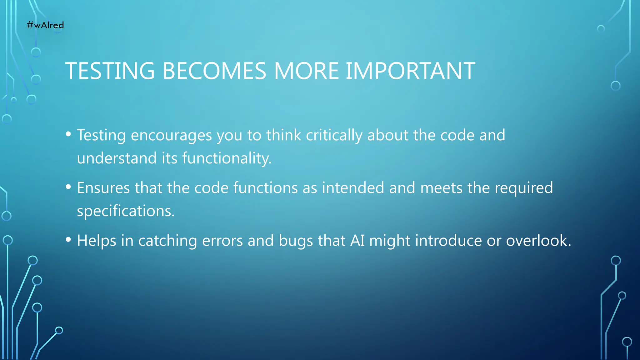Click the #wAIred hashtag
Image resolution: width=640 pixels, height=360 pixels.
click(x=45, y=25)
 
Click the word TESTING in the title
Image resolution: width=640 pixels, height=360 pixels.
click(x=110, y=71)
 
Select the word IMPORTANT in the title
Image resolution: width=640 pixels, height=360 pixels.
click(x=410, y=71)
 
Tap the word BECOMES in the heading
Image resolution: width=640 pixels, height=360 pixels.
click(x=214, y=71)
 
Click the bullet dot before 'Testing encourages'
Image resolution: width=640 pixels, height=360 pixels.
click(x=68, y=134)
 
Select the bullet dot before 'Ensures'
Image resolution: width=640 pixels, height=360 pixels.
click(x=68, y=187)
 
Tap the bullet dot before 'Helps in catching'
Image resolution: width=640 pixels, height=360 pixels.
click(x=68, y=240)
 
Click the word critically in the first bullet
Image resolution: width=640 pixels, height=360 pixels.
click(x=334, y=136)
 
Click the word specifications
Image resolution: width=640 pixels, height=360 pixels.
click(x=125, y=211)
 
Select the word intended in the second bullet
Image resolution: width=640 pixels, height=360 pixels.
click(x=353, y=188)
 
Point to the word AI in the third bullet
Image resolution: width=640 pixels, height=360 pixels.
click(x=357, y=241)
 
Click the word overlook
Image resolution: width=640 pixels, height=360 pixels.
click(x=538, y=241)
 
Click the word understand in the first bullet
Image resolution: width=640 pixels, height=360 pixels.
click(x=117, y=158)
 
